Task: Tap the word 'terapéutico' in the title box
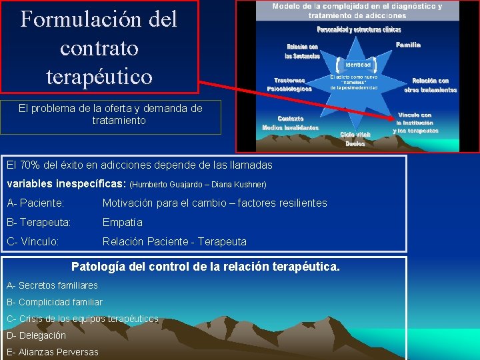99,76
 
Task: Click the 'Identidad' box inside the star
358,65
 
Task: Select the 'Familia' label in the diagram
408,45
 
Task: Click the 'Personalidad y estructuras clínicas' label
359,30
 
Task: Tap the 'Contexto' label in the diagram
291,118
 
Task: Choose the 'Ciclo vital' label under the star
355,134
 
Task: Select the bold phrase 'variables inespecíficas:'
66,183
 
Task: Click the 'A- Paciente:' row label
35,203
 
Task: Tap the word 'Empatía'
123,222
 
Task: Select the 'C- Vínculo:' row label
33,241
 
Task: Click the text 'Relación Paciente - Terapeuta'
174,241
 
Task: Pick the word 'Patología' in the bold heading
97,267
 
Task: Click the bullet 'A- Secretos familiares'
52,285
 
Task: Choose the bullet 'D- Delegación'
36,335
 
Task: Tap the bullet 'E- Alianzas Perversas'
52,352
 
